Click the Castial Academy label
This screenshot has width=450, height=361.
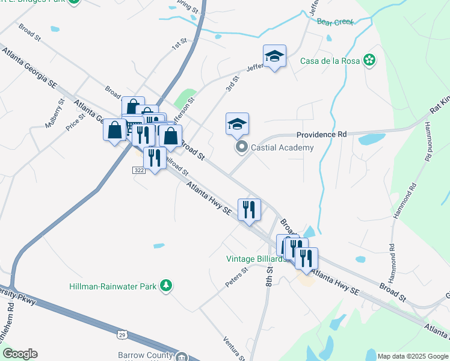(282, 147)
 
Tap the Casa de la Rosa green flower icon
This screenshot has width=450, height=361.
(370, 61)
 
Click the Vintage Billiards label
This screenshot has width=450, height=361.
(255, 259)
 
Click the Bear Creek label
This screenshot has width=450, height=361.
(335, 22)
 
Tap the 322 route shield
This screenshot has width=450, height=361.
(139, 171)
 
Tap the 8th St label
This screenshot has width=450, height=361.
(270, 277)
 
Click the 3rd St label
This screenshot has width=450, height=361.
(232, 84)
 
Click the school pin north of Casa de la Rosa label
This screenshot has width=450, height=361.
(275, 56)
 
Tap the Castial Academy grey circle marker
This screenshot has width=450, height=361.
(242, 147)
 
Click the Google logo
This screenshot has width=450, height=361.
(20, 354)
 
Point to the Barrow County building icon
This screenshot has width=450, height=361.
(180, 357)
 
